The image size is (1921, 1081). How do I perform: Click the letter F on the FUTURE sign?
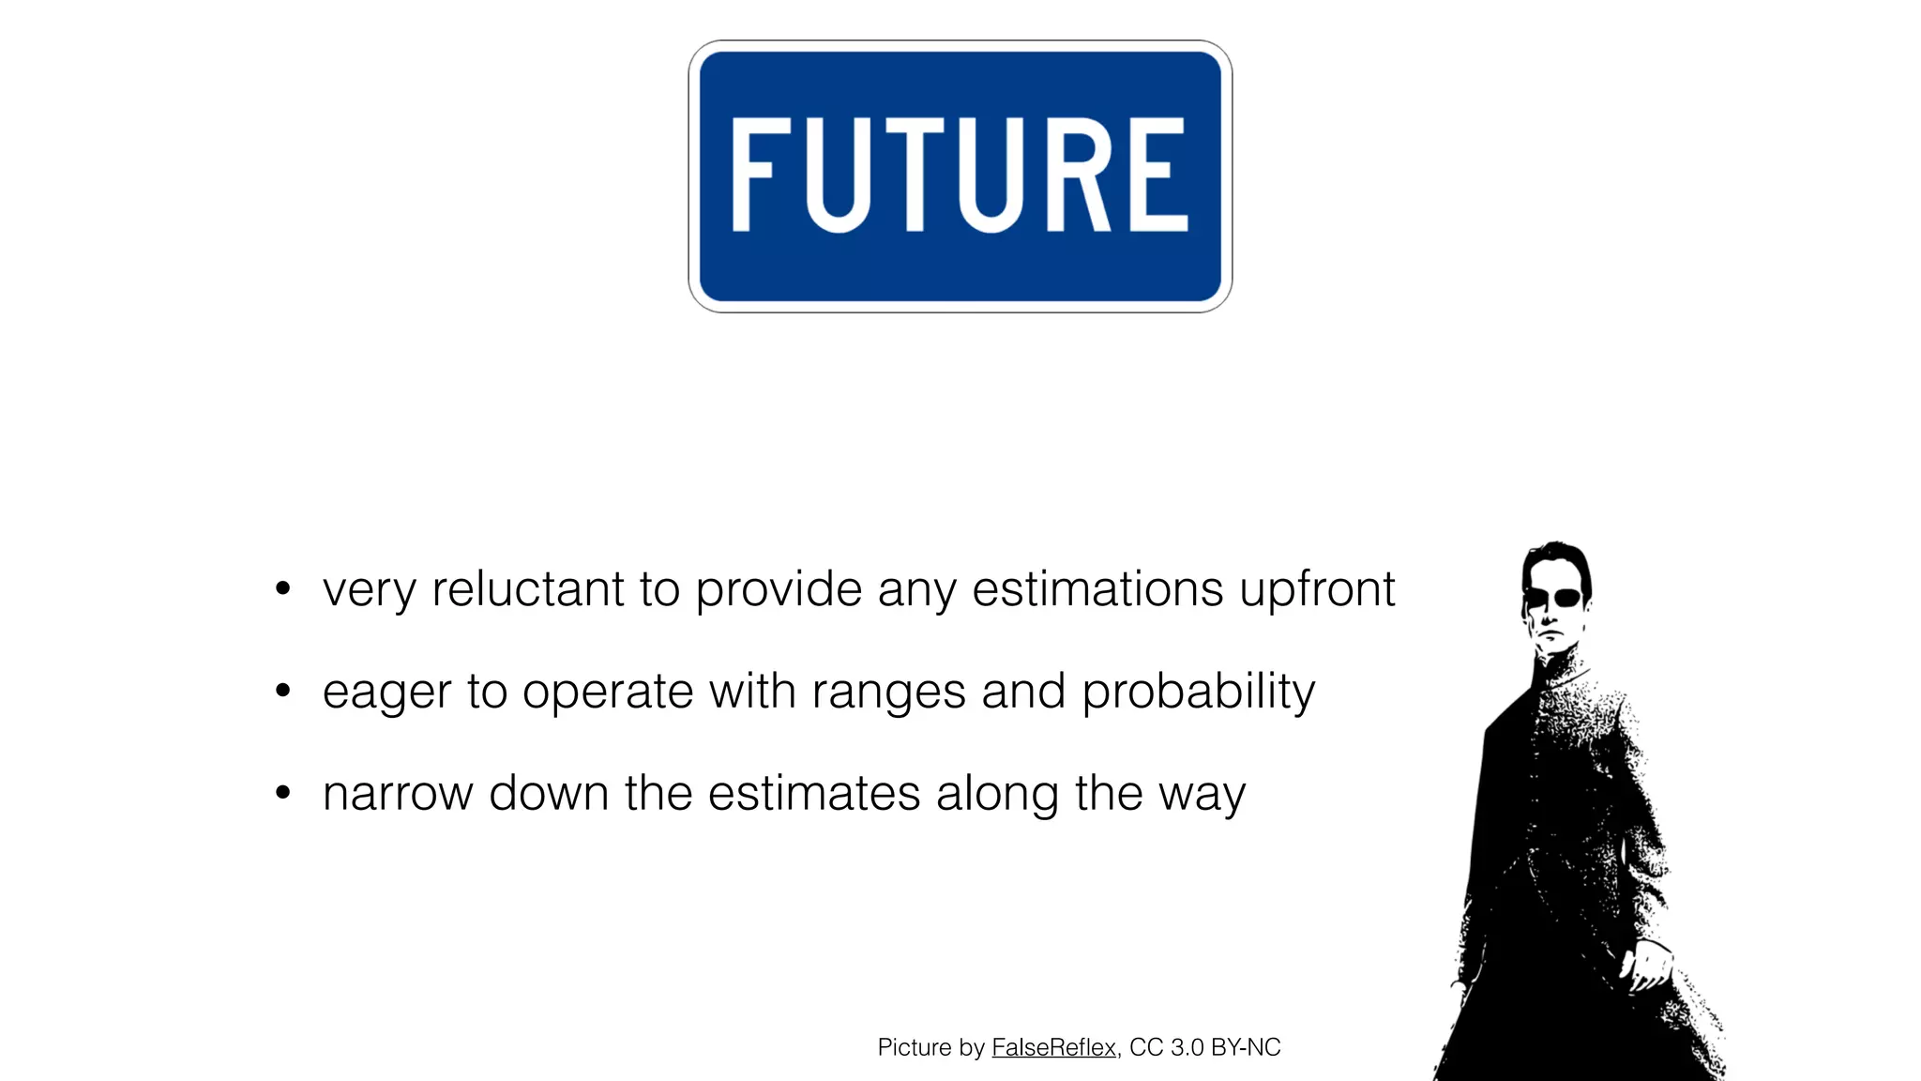[x=752, y=175]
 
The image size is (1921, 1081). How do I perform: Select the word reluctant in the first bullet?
[x=527, y=589]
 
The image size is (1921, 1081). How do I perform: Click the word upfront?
[x=1317, y=591]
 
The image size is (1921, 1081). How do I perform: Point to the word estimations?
[x=1097, y=589]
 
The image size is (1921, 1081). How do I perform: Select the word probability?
[x=1198, y=693]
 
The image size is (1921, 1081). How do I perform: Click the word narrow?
[x=398, y=794]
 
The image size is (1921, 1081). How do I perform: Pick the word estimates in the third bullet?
[x=814, y=794]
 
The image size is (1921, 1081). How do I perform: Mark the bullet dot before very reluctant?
[x=283, y=589]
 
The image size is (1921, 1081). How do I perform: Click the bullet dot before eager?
[x=283, y=692]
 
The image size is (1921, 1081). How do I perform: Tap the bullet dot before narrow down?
[x=283, y=793]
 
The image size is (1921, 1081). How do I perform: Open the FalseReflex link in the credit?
[x=1053, y=1047]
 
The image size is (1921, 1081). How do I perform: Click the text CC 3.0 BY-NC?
[x=1204, y=1047]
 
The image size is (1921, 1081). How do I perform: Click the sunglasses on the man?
[x=1554, y=598]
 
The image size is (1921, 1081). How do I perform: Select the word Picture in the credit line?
[x=915, y=1047]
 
